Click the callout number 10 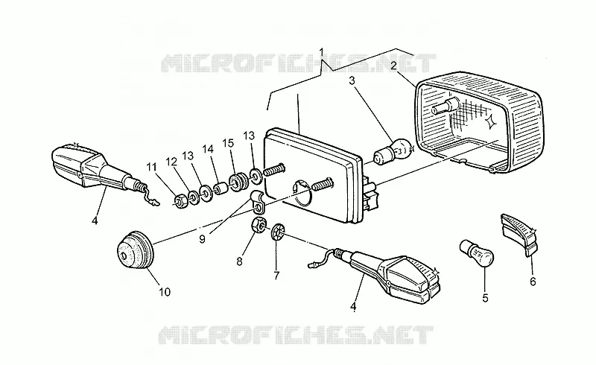[165, 292]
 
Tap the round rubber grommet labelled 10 [135, 250]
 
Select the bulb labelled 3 [393, 152]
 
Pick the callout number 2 [393, 66]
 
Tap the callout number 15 [228, 143]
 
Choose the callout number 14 [209, 150]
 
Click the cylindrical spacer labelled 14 [220, 189]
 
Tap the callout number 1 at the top [322, 51]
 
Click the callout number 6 [533, 282]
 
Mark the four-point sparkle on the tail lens [490, 120]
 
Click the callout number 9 [202, 239]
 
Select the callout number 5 [485, 298]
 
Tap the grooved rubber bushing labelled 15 [238, 183]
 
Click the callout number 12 [171, 162]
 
